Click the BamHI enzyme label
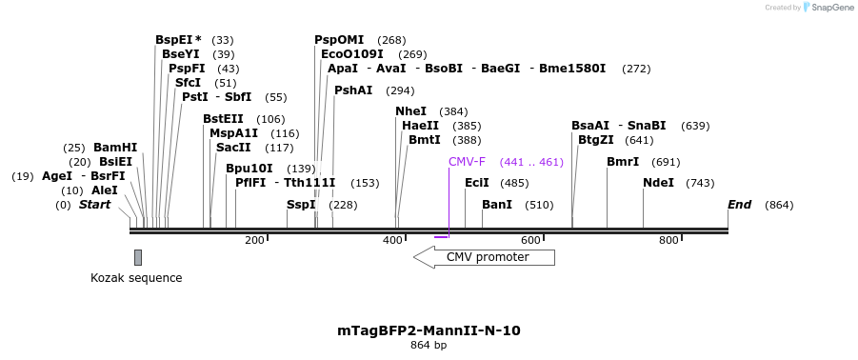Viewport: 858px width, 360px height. point(115,148)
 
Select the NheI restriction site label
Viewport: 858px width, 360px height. point(411,111)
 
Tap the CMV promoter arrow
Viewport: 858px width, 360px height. point(484,257)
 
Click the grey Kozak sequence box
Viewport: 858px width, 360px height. point(138,257)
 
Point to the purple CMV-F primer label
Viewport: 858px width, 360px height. point(467,162)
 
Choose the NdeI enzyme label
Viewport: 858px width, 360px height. point(658,183)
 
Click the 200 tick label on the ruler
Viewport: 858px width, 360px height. point(254,240)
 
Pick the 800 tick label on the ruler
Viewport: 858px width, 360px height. point(668,240)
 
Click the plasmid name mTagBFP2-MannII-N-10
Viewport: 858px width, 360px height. point(429,330)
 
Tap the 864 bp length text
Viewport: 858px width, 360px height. point(429,345)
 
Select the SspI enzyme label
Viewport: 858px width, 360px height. point(301,205)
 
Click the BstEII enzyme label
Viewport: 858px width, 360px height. point(223,119)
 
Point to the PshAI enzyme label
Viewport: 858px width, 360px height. point(353,90)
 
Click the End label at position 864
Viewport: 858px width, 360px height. point(740,205)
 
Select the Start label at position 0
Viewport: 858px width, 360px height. point(94,205)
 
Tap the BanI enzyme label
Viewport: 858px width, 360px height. point(497,205)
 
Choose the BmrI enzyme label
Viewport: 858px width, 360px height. point(623,162)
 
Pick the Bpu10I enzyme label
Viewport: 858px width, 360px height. point(249,169)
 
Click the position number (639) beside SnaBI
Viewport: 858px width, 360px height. point(695,126)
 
